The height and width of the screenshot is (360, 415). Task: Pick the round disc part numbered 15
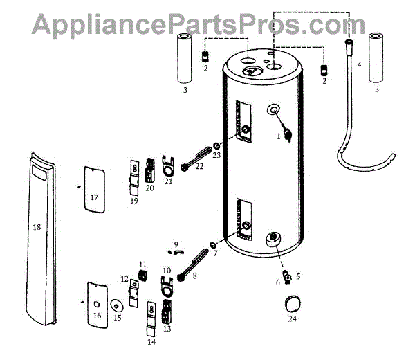click(116, 305)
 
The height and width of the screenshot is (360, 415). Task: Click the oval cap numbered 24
click(293, 304)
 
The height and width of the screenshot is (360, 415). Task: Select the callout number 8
click(194, 276)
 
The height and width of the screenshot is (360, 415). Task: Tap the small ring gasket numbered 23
click(217, 147)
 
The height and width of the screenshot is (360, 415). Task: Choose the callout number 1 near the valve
click(279, 136)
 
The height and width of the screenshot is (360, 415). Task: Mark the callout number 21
click(168, 181)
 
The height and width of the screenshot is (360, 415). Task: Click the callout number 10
click(166, 269)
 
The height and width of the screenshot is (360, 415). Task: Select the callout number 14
click(151, 341)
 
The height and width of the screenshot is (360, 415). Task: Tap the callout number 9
click(176, 244)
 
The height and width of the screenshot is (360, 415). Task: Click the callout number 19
click(134, 201)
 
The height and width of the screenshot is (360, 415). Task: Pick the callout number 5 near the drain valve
click(298, 276)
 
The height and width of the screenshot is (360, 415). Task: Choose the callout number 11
click(142, 264)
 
